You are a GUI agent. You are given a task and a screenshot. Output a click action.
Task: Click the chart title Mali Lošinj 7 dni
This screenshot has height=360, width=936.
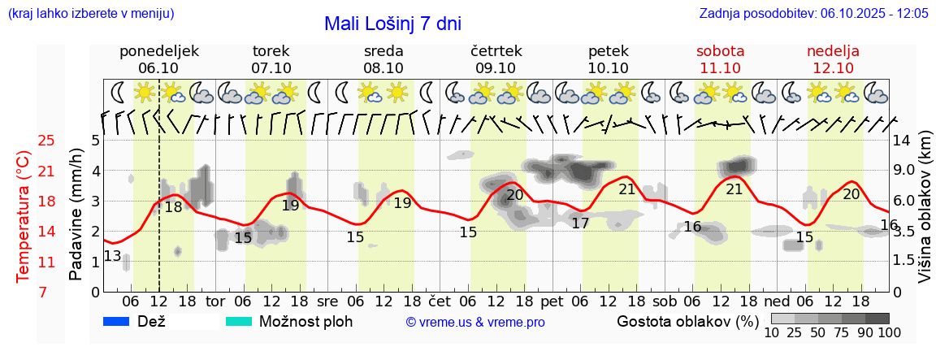click(392, 24)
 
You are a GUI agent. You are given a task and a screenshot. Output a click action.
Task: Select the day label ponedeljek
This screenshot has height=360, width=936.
click(159, 51)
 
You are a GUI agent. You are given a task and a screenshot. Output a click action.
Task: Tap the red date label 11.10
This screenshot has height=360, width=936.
click(720, 68)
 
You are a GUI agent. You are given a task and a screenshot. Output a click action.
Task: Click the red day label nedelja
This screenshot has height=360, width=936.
click(833, 51)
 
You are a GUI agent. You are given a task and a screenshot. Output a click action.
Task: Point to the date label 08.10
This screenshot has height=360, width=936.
click(383, 68)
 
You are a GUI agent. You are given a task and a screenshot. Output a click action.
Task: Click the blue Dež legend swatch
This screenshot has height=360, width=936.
click(117, 322)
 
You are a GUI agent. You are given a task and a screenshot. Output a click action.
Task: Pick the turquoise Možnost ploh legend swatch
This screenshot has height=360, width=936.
click(238, 322)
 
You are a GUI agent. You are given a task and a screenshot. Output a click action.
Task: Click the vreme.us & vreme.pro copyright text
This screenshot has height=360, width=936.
click(475, 323)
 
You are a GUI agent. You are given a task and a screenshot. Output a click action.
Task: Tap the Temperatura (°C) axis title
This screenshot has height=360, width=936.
click(24, 216)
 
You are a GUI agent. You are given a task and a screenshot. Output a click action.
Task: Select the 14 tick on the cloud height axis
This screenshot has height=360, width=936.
click(902, 141)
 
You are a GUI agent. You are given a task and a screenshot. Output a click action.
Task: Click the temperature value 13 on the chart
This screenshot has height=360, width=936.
click(113, 258)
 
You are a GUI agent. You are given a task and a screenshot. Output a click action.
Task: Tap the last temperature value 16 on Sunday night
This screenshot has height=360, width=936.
click(889, 225)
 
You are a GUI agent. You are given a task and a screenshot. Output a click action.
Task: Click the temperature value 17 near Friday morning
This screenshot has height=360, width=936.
click(580, 223)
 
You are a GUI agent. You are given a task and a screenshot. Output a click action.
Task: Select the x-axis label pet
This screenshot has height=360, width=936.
click(552, 301)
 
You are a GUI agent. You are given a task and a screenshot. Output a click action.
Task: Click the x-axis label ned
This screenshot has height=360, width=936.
click(778, 301)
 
